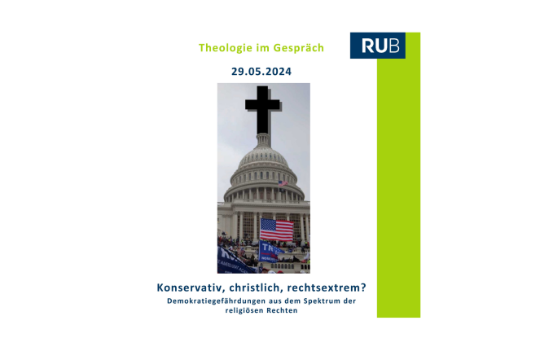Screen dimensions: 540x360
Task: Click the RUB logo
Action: (x=377, y=46)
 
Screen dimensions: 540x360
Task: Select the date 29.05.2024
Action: (x=261, y=72)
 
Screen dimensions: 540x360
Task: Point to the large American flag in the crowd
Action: (x=277, y=230)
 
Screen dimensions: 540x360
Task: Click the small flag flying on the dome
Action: (x=283, y=183)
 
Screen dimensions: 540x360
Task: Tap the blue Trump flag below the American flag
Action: (x=271, y=252)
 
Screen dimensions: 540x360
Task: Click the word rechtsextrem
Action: (x=323, y=288)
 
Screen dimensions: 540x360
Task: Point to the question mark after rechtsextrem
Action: (x=363, y=288)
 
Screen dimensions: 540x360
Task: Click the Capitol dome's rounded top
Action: (x=263, y=158)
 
